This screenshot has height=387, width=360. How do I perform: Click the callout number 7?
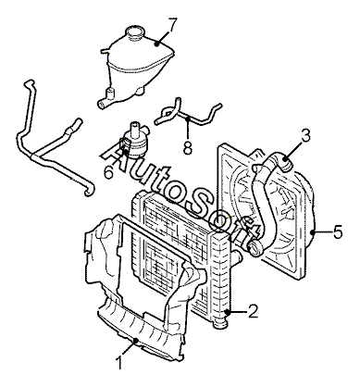171,25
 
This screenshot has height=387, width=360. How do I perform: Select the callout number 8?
187,146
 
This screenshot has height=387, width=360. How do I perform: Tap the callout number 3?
305,136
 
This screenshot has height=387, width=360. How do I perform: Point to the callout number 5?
338,231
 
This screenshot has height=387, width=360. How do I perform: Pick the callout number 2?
253,311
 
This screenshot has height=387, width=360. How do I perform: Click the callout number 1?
119,362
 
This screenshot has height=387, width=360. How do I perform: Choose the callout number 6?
108,172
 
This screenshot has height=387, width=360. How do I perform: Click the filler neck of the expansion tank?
135,33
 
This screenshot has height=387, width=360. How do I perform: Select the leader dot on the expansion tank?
157,44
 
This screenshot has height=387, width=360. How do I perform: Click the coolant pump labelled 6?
134,141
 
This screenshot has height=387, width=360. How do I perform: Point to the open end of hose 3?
287,163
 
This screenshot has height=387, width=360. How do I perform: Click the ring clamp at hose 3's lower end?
254,248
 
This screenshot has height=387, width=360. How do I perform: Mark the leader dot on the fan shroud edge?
314,231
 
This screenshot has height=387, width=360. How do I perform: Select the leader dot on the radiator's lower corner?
228,311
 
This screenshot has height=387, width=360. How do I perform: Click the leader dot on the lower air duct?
136,340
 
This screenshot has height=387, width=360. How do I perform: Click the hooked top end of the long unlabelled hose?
29,83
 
